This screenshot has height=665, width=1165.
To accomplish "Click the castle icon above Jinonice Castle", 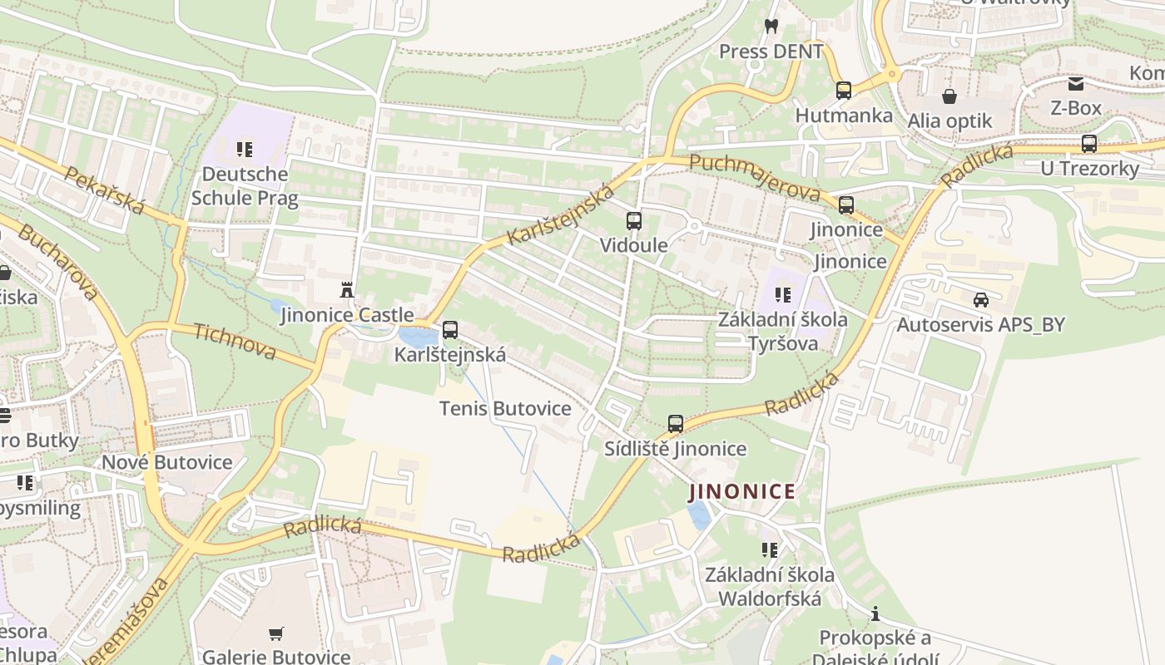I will click(347, 290).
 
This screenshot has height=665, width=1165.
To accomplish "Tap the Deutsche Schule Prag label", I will click(240, 185).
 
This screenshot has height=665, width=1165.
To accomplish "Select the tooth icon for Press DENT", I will click(771, 26).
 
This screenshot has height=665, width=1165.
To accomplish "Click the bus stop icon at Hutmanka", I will click(844, 91).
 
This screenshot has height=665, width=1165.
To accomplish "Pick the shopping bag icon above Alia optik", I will click(949, 96).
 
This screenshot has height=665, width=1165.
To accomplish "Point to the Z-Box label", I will click(1075, 108).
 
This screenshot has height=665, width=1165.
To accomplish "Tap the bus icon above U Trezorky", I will click(1088, 144).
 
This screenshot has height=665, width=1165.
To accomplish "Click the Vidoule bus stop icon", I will click(634, 221).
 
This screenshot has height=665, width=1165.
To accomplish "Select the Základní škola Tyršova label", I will click(782, 331).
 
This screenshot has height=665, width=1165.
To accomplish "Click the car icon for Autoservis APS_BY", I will click(980, 300).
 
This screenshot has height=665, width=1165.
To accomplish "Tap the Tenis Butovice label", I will click(505, 408).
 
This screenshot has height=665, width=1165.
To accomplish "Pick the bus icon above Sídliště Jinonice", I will click(676, 424).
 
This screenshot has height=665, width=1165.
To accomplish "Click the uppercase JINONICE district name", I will click(742, 491).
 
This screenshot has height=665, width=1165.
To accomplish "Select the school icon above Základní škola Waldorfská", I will click(770, 549).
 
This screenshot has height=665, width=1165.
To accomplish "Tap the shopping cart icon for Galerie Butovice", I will click(276, 633).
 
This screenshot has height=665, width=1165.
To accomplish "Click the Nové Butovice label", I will click(167, 462).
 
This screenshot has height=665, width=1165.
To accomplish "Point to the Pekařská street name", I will click(104, 190).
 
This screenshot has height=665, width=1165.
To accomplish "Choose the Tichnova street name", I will click(235, 342).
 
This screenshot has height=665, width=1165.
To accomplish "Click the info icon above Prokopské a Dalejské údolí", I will click(875, 614).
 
